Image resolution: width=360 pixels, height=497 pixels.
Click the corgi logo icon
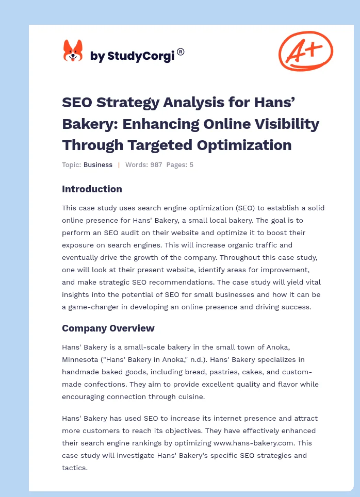click(73, 51)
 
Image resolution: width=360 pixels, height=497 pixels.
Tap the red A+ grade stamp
click(305, 51)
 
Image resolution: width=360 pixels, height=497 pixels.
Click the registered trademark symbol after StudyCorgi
click(181, 52)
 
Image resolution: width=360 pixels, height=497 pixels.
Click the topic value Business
click(98, 165)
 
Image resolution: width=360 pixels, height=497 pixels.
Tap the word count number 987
click(156, 165)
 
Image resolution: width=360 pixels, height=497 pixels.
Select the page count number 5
click(191, 165)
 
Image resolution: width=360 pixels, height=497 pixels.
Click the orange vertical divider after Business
click(119, 165)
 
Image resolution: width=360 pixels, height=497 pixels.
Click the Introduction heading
click(92, 189)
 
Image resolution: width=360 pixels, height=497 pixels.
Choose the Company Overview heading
click(108, 328)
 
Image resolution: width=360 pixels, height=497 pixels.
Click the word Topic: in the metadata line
click(72, 165)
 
